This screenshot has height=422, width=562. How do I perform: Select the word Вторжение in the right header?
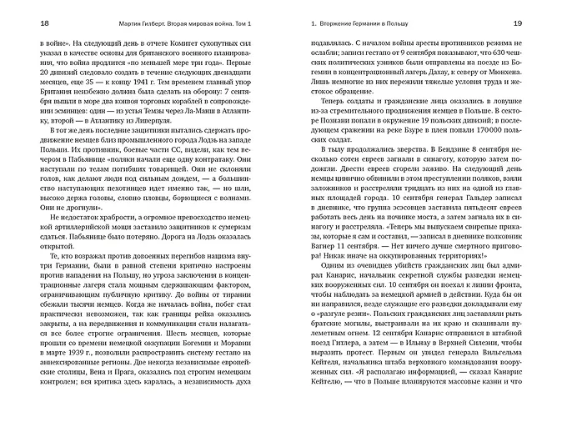pyautogui.click(x=340, y=23)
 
